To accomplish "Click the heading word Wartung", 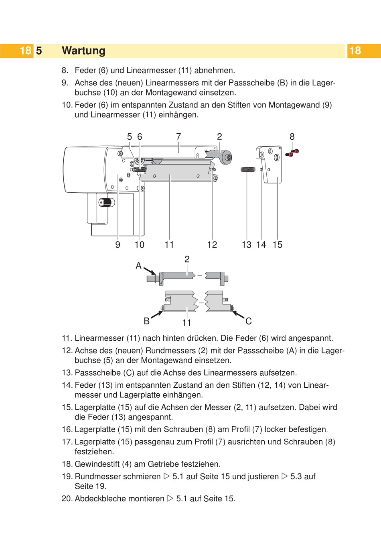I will point(83,51).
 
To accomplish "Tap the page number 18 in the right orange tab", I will point(355,51).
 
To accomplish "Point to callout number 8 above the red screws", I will point(292,137).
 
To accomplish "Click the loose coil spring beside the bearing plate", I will point(248,170).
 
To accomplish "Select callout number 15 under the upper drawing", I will point(278,245).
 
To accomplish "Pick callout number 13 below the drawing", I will point(247,245).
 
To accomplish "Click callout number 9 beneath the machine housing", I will point(118,245).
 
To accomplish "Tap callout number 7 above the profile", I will point(178,137).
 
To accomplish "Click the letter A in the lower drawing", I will point(138,266).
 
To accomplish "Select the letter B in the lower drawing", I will point(146,321).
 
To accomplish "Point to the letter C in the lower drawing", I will point(249,321).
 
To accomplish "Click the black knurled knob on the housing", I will point(106,202).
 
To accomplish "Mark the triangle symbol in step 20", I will point(170,498).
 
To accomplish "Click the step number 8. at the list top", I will point(65,71).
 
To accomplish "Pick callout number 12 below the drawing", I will point(212,245).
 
